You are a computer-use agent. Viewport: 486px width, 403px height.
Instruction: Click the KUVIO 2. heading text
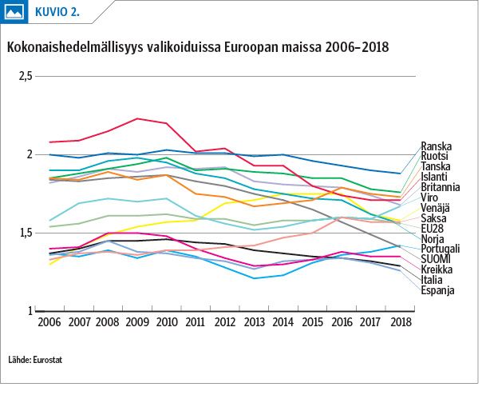57,12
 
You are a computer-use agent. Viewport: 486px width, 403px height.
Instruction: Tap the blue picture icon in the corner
14,12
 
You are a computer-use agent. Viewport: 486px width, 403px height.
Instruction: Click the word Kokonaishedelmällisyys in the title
75,47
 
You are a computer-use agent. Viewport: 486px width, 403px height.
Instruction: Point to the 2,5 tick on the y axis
26,77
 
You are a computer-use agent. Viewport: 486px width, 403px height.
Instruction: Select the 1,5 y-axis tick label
26,233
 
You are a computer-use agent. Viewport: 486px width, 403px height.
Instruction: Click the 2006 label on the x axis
49,322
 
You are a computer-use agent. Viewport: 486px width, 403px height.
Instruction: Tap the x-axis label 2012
225,322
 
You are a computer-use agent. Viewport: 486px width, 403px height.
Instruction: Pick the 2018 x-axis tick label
401,322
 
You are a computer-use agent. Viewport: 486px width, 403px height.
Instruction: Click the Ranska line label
436,146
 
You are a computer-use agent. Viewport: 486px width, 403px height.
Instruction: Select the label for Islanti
434,177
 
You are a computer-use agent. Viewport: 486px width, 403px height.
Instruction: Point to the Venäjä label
435,208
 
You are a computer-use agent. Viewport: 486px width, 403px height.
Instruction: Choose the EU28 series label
432,229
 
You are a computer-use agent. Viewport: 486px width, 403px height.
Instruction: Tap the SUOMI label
436,259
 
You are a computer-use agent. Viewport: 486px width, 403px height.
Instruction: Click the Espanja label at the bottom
437,290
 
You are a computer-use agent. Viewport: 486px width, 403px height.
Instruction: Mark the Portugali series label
441,249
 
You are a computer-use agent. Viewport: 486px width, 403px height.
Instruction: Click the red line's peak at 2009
137,118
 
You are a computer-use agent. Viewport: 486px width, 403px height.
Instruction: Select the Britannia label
441,187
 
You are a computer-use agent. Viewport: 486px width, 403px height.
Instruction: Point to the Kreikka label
437,269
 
